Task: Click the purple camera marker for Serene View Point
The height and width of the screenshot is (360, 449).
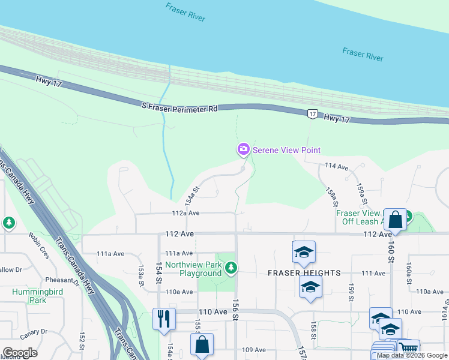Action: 243,149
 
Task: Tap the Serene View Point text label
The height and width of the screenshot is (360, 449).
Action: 286,150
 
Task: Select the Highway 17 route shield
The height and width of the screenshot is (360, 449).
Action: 312,113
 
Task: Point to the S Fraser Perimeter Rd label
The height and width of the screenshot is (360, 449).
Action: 179,107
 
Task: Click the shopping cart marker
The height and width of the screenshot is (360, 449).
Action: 408,347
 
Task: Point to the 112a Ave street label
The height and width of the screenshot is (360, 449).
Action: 185,213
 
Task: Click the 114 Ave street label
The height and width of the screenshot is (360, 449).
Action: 336,166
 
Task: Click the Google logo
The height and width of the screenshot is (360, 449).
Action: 20,353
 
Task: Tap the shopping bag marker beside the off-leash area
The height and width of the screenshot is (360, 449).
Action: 396,219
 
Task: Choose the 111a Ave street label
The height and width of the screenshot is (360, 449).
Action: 179,253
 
